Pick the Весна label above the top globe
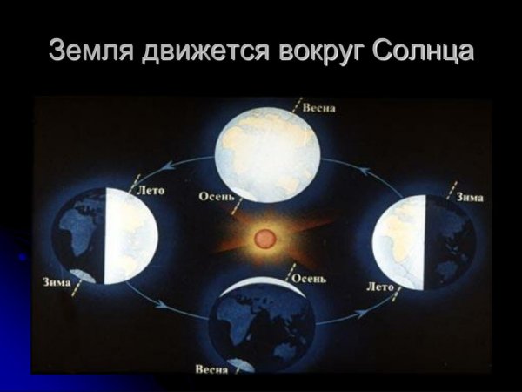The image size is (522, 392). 319,108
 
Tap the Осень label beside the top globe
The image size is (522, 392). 216,196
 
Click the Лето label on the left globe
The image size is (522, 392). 151,187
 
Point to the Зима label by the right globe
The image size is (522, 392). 470,197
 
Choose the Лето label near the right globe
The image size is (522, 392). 381,284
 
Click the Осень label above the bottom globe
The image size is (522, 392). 309,279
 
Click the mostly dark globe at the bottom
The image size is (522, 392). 263,327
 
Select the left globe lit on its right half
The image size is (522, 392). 104,236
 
